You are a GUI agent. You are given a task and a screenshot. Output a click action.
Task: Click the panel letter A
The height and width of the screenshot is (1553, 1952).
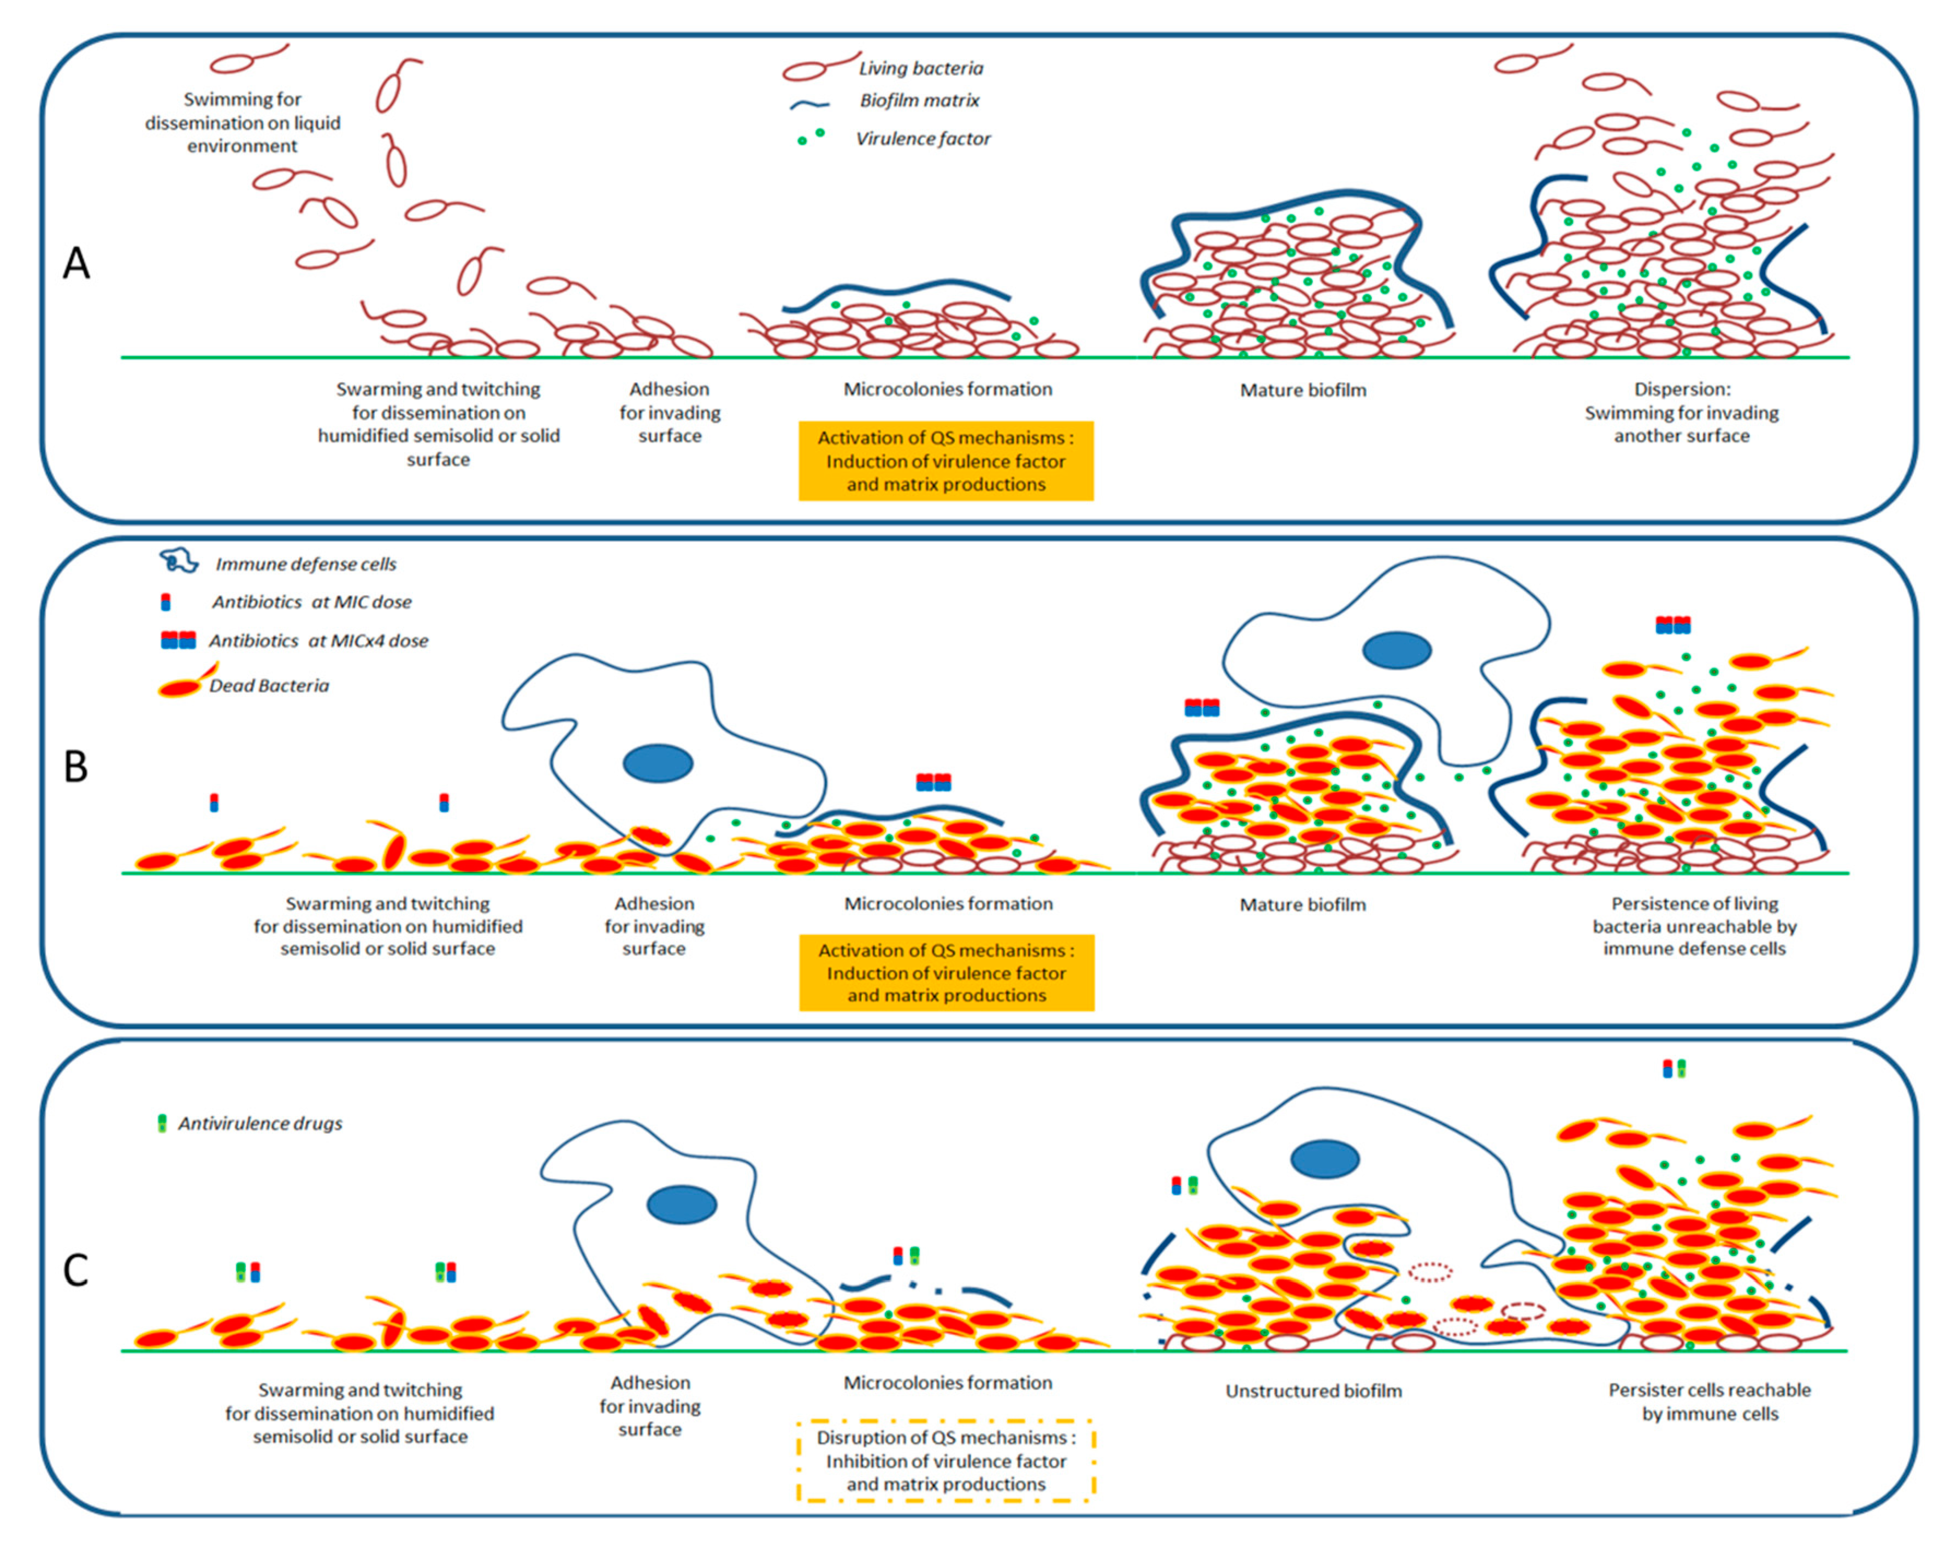(x=76, y=263)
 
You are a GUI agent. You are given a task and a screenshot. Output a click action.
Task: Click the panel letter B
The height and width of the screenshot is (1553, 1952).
(x=76, y=766)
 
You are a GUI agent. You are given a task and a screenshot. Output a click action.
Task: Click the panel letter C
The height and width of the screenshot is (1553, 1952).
(x=76, y=1270)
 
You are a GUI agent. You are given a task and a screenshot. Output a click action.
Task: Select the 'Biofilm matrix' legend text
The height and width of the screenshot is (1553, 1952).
(x=919, y=100)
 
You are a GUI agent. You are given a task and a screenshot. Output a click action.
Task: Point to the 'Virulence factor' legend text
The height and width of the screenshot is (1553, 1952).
(x=922, y=139)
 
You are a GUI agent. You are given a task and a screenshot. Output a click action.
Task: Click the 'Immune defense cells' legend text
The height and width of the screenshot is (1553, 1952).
(x=305, y=564)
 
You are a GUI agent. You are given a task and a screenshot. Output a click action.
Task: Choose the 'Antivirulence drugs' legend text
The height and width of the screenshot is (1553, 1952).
(x=260, y=1123)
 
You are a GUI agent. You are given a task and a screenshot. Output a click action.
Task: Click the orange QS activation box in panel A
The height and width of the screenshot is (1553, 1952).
(x=946, y=461)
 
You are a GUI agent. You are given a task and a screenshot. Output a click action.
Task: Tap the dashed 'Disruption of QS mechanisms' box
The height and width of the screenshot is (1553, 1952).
(x=946, y=1461)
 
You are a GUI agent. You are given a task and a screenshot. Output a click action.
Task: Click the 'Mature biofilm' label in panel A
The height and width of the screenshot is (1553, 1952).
(x=1303, y=390)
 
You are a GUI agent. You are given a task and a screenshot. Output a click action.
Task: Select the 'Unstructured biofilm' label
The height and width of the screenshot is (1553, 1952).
(x=1314, y=1391)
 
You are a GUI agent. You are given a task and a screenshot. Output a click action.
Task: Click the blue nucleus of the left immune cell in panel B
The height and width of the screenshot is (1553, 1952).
(x=658, y=763)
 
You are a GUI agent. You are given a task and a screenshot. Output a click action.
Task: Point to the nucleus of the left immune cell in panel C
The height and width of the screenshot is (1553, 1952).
(x=682, y=1205)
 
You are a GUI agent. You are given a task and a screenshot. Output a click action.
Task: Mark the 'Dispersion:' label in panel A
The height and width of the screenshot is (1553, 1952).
(x=1681, y=389)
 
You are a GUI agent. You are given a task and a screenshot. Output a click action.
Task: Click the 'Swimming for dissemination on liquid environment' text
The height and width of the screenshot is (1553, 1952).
(x=242, y=122)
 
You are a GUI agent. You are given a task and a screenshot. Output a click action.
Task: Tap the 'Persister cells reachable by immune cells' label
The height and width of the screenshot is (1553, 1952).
(x=1710, y=1402)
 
